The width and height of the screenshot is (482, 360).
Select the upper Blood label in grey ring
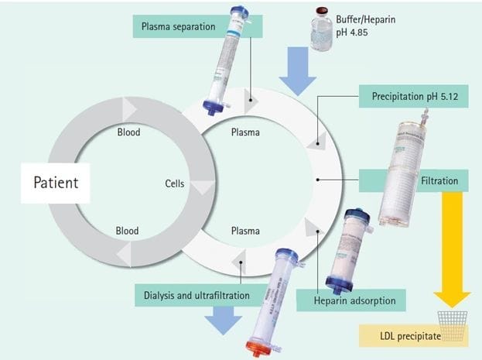128,132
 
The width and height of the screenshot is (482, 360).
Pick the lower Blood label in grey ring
127,230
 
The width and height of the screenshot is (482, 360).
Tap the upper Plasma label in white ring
245,132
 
